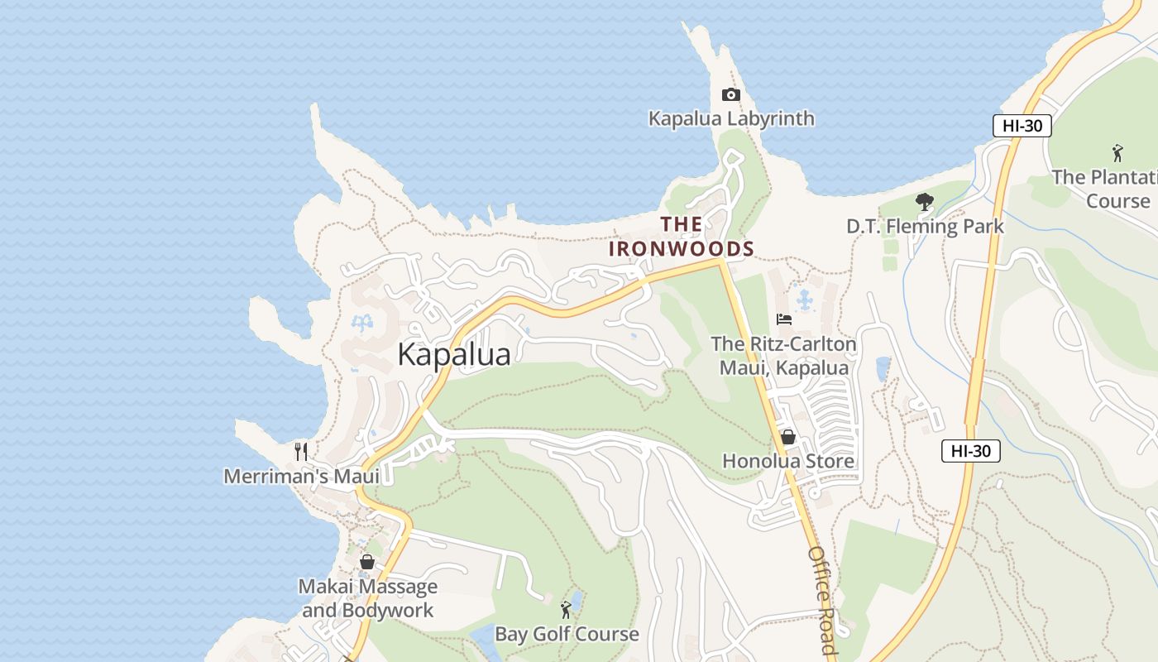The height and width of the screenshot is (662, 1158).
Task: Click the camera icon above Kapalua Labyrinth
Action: point(730,95)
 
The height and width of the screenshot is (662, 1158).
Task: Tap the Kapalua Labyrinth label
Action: point(731,118)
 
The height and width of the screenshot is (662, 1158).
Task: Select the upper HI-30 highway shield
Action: point(1022,126)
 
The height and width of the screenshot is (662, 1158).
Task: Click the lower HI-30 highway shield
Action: point(971,451)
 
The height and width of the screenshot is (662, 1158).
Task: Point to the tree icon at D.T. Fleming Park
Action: point(925,202)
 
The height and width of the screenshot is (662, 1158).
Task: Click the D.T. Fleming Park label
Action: point(925,226)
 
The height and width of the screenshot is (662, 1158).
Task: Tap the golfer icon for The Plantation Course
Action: point(1117,153)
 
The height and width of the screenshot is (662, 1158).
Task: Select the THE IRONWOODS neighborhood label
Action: point(682,237)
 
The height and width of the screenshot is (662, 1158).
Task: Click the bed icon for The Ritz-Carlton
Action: point(783,319)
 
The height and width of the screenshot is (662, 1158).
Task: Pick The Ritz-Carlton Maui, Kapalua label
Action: point(783,356)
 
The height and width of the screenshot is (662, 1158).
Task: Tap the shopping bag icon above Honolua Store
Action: point(788,437)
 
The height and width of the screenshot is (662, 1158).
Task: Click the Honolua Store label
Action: point(788,461)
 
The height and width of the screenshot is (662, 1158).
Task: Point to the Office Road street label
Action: point(822,599)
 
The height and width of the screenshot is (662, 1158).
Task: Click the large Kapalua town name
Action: point(454,354)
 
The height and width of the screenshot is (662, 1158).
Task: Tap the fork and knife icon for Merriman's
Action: point(301,452)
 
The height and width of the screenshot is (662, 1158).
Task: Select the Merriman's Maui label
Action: point(301,477)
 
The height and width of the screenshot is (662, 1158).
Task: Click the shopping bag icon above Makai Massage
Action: point(367,563)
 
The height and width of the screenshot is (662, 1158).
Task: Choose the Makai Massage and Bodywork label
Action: point(367,598)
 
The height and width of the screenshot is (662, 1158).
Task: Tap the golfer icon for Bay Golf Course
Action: point(566,611)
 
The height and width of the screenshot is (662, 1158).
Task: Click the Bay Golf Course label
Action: point(567,635)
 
